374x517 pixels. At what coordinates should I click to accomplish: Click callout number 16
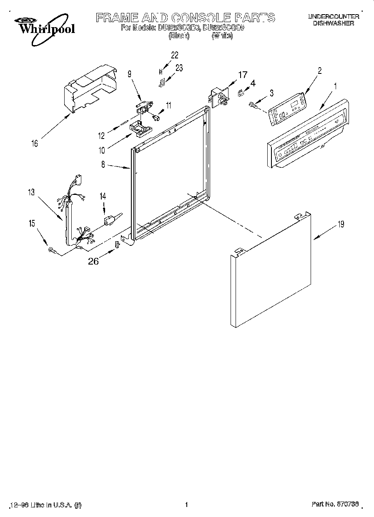35,144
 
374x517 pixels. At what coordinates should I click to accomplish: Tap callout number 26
93,261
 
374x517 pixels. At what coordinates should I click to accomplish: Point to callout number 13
31,192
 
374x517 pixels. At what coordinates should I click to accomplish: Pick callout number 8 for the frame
103,164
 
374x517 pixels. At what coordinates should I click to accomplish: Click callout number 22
174,55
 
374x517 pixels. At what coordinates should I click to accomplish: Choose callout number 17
242,75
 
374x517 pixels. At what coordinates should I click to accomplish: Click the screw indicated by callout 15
52,250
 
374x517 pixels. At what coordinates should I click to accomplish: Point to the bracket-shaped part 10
139,127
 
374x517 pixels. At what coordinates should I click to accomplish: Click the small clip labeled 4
241,93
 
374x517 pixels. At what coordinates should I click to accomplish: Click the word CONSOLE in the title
201,18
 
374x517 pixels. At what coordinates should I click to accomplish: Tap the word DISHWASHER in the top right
333,23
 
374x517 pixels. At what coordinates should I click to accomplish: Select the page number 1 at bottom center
187,505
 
